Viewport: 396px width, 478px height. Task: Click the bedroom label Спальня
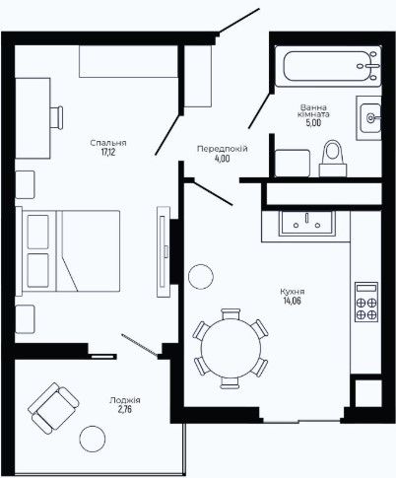(108, 143)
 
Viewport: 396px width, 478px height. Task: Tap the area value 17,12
(108, 152)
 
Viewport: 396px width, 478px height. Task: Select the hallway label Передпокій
(223, 149)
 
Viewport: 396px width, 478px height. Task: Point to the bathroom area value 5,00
(313, 123)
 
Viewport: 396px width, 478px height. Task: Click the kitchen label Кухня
(293, 292)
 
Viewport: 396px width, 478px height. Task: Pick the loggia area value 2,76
(125, 409)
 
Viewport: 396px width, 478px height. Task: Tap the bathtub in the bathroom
(328, 66)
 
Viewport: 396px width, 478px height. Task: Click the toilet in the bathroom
(333, 158)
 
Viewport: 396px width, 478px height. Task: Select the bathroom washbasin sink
(370, 117)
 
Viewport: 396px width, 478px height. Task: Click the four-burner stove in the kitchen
(366, 302)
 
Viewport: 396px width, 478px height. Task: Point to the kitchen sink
(306, 223)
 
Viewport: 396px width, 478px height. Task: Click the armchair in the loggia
(53, 408)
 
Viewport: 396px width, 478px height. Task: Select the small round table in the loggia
(93, 439)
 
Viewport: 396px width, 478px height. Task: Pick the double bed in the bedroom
(68, 251)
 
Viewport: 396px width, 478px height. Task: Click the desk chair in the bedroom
(56, 117)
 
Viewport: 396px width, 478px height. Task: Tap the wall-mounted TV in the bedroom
(164, 251)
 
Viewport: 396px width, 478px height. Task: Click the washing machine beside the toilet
(293, 163)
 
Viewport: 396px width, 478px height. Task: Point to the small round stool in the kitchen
(201, 277)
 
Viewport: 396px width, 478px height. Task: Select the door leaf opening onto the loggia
(140, 345)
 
